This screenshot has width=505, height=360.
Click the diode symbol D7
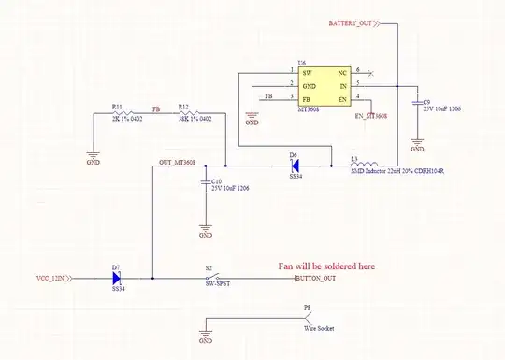pos(118,279)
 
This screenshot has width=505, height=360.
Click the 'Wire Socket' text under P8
pos(318,328)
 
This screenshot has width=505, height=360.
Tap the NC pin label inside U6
pos(342,72)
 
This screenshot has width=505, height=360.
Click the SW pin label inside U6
pos(307,72)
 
